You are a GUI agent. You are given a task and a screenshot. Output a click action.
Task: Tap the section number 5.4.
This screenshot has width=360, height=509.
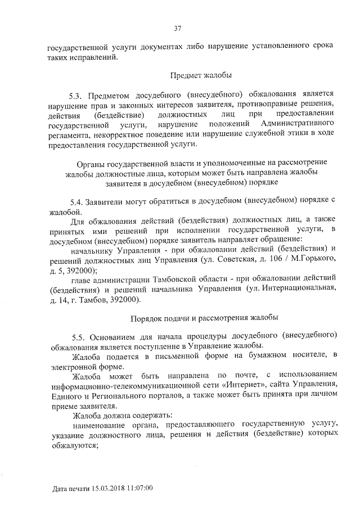click(x=76, y=200)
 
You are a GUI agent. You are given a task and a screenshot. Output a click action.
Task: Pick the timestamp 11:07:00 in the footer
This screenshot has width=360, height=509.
click(x=141, y=489)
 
